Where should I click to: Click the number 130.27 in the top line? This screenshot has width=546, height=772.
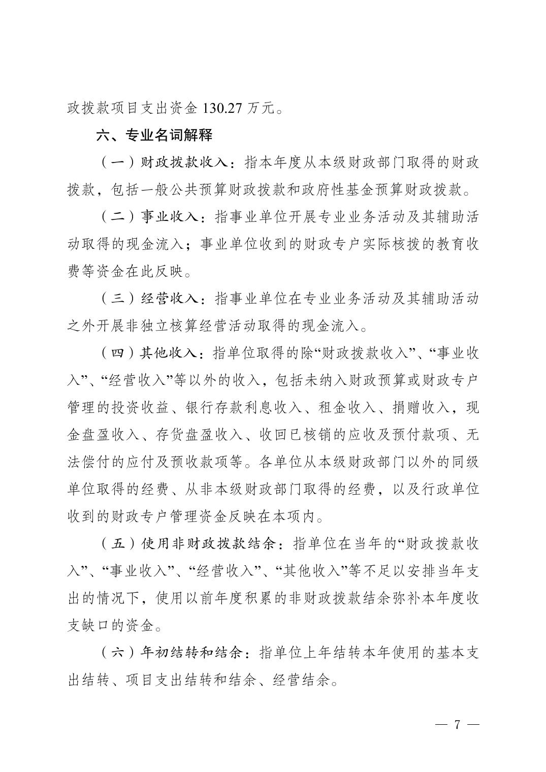pos(223,108)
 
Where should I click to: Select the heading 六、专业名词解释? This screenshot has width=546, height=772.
pos(154,136)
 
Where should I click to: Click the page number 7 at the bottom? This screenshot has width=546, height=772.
pos(457,723)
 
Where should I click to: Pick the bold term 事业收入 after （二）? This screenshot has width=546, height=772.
pos(171,217)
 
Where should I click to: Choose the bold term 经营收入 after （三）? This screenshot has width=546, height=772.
pos(171,298)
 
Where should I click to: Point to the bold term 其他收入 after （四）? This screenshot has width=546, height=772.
pos(171,353)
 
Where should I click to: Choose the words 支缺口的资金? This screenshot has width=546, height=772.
pos(111,625)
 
